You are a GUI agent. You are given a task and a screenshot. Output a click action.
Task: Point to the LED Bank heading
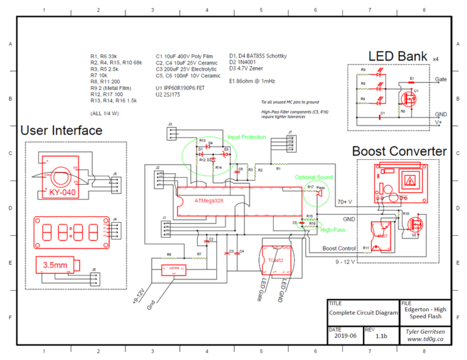[x=398, y=56]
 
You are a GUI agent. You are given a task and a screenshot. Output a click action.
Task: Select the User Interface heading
[x=61, y=130]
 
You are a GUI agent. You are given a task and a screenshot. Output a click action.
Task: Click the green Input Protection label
[x=247, y=137]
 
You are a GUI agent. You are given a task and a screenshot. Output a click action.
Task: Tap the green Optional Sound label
[x=314, y=177]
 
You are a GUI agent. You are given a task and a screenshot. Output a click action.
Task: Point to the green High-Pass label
[x=333, y=230]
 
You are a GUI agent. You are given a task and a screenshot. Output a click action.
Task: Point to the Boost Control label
[x=338, y=248]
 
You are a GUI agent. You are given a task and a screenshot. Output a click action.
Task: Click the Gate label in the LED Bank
[x=441, y=79]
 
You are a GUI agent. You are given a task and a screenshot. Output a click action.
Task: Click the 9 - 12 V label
[x=344, y=262]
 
